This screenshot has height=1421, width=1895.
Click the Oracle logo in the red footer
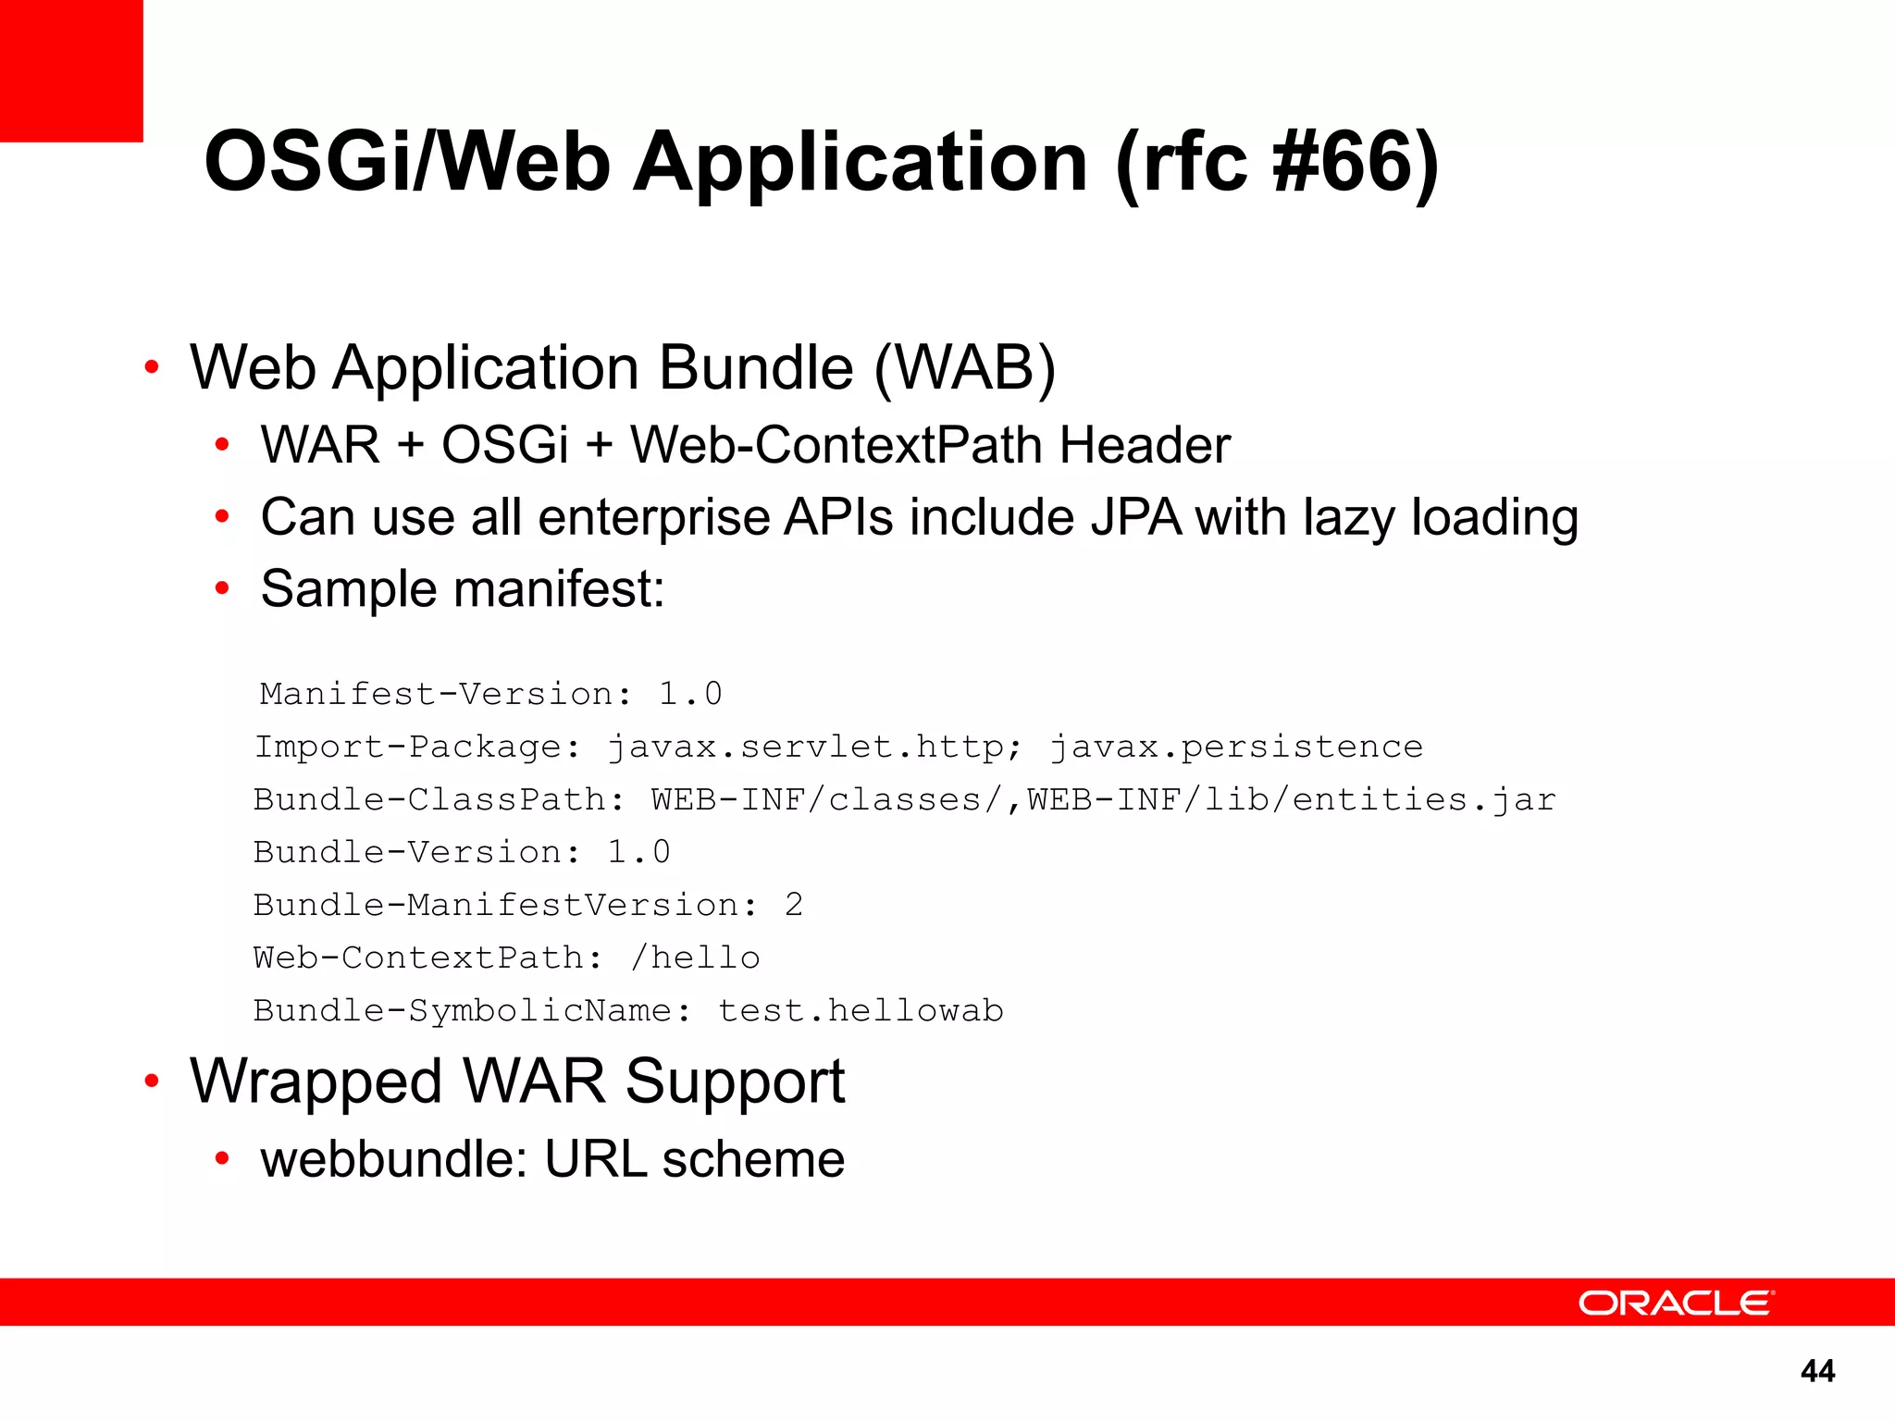pyautogui.click(x=1675, y=1304)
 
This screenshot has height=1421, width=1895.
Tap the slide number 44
pyautogui.click(x=1817, y=1370)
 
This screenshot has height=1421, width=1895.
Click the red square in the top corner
pyautogui.click(x=71, y=70)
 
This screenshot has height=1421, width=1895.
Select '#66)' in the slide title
pyautogui.click(x=1356, y=163)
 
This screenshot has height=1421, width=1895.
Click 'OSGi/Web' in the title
pyautogui.click(x=407, y=163)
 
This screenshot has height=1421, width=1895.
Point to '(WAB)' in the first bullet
pyautogui.click(x=964, y=368)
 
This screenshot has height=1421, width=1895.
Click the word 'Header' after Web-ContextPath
pyautogui.click(x=1145, y=445)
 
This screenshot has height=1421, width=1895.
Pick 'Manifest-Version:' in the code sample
pyautogui.click(x=446, y=694)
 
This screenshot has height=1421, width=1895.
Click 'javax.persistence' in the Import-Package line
pyautogui.click(x=1236, y=747)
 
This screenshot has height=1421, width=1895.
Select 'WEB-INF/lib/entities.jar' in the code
pyautogui.click(x=1292, y=799)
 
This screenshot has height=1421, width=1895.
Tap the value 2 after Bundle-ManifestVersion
pyautogui.click(x=793, y=905)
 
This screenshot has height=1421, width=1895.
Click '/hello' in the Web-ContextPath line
pyautogui.click(x=695, y=958)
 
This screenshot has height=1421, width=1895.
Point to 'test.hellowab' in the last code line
pyautogui.click(x=861, y=1010)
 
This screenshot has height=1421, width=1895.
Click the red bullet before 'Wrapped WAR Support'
pyautogui.click(x=152, y=1081)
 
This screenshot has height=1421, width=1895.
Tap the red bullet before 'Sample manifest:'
pyautogui.click(x=222, y=588)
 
